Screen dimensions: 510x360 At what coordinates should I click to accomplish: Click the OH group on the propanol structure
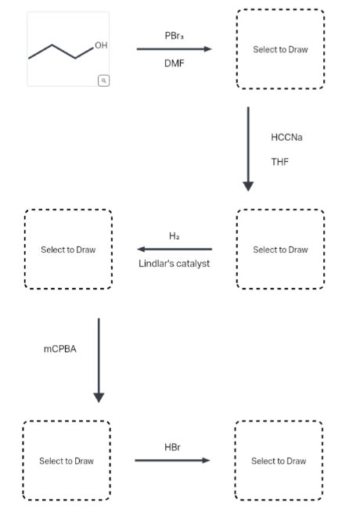(x=99, y=46)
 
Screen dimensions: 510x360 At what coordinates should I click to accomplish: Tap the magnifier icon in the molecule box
(x=103, y=80)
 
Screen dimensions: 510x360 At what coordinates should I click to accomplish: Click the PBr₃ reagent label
(x=175, y=36)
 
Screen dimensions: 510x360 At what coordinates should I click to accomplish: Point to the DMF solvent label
(x=174, y=63)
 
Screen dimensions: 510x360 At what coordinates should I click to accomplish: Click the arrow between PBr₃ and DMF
(x=174, y=49)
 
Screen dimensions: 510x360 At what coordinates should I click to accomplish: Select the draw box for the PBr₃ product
(x=280, y=49)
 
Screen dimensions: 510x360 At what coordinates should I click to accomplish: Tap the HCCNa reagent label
(x=286, y=137)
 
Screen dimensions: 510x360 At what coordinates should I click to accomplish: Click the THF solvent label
(x=279, y=162)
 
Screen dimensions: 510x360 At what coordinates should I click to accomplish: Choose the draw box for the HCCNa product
(x=280, y=250)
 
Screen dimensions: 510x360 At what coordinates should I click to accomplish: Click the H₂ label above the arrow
(x=174, y=236)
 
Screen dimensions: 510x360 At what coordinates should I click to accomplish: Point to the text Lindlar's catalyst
(x=174, y=263)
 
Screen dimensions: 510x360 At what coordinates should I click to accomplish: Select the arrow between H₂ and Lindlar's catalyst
(x=174, y=250)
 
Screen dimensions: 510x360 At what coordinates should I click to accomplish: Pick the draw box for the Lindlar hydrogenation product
(x=68, y=250)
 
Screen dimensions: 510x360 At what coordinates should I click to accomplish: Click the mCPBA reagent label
(x=60, y=349)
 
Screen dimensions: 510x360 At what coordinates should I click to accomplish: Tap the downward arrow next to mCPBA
(x=99, y=360)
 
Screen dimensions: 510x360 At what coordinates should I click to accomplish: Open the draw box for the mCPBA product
(x=67, y=461)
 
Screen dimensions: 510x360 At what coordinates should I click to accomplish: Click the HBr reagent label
(x=172, y=447)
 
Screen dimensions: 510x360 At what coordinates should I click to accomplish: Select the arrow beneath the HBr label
(x=172, y=461)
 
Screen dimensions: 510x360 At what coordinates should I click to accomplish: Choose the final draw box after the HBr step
(x=279, y=461)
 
